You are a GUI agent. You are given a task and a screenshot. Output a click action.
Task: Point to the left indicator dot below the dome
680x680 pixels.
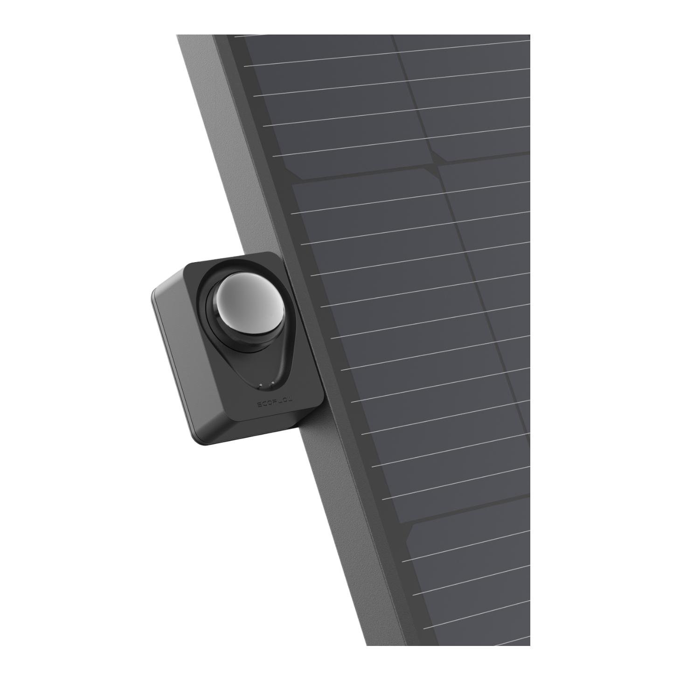pyautogui.click(x=261, y=385)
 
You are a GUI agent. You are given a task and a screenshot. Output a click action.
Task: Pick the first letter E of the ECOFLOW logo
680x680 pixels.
pyautogui.click(x=260, y=405)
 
